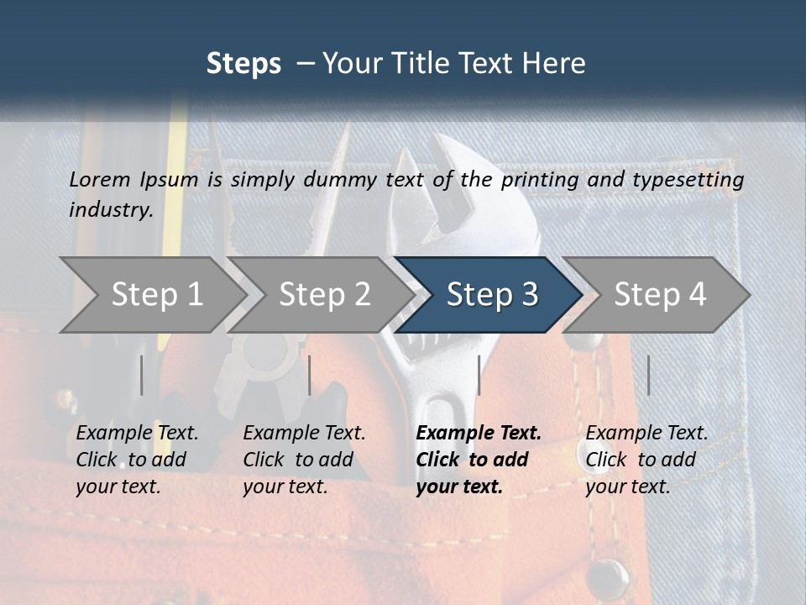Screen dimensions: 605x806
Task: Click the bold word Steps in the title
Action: (x=243, y=64)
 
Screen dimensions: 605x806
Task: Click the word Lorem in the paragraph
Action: (x=99, y=179)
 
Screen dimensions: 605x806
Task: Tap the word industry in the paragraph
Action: (x=111, y=210)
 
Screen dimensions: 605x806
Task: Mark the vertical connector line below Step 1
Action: (x=142, y=375)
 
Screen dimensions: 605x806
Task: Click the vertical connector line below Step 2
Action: (x=310, y=375)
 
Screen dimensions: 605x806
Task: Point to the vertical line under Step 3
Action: (x=479, y=375)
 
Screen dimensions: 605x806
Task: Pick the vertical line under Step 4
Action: (x=648, y=375)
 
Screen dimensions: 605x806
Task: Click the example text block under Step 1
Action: (x=137, y=460)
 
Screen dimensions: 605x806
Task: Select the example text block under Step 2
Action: (x=304, y=460)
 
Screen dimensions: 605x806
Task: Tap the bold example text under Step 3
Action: (x=479, y=460)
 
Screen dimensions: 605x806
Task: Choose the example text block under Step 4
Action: (x=646, y=460)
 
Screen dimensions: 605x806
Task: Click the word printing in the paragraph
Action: (x=536, y=179)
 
